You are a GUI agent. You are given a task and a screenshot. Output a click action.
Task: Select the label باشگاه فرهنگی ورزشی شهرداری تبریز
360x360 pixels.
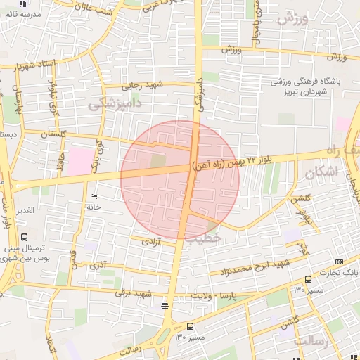click(x=307, y=86)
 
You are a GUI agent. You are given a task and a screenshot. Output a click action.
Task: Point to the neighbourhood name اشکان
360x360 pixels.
click(x=321, y=172)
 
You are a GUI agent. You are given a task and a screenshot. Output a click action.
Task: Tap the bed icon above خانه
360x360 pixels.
click(x=94, y=196)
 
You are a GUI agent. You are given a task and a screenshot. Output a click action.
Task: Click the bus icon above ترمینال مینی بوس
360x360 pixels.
click(x=25, y=238)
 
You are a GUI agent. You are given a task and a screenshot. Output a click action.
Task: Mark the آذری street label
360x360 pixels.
click(x=98, y=265)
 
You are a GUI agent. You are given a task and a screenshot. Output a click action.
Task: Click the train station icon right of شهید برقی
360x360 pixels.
click(x=165, y=305)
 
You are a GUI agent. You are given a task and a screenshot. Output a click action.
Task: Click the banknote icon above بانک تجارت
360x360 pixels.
click(x=341, y=261)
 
